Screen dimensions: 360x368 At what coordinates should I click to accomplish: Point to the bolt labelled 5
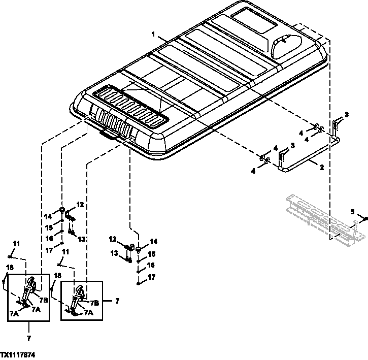365,219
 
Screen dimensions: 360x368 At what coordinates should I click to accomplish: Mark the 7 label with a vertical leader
28,338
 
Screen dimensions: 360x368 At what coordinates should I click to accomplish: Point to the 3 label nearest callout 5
346,115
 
